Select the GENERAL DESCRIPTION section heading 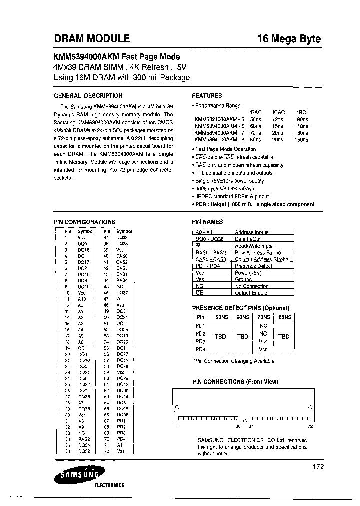coord(88,95)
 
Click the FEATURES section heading coord(207,95)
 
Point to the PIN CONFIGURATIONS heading coord(84,222)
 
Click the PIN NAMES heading coord(207,222)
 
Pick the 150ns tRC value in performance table coord(302,140)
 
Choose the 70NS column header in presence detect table coord(263,317)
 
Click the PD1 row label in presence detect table coord(201,326)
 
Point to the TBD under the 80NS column coord(284,337)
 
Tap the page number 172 coord(318,466)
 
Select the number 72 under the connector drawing coord(310,426)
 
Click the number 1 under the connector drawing coord(178,426)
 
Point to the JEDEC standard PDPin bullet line coord(232,196)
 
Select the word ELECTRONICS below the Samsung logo coord(109,485)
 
